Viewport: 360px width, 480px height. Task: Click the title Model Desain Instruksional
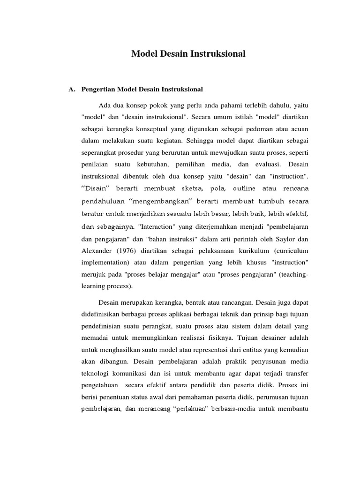point(188,54)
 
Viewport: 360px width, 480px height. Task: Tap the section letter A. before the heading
point(72,89)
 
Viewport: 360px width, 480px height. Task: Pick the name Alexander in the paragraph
point(97,249)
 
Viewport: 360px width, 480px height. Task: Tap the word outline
point(226,188)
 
